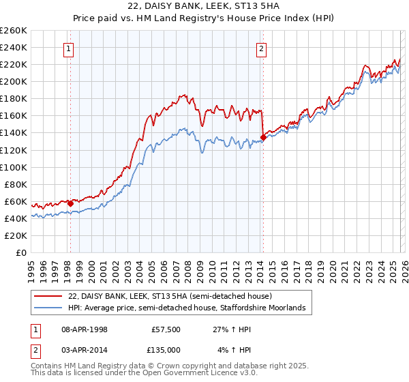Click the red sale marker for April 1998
70,203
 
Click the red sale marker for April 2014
263,137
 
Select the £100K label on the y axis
14,167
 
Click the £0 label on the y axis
20,252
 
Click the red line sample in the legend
48,297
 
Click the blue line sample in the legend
48,308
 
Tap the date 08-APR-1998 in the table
86,329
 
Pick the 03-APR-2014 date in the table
86,349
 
